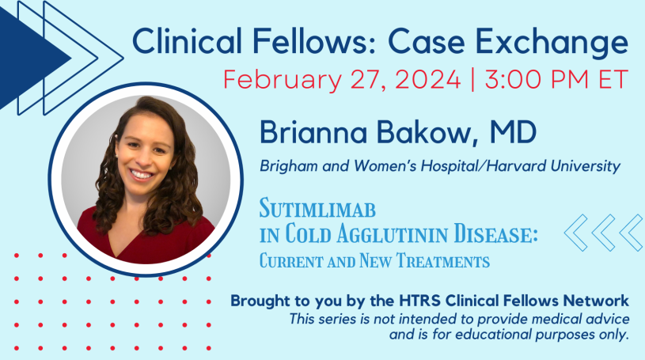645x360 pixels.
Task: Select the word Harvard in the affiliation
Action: pyautogui.click(x=520, y=166)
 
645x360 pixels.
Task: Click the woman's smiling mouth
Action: pyautogui.click(x=142, y=173)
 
